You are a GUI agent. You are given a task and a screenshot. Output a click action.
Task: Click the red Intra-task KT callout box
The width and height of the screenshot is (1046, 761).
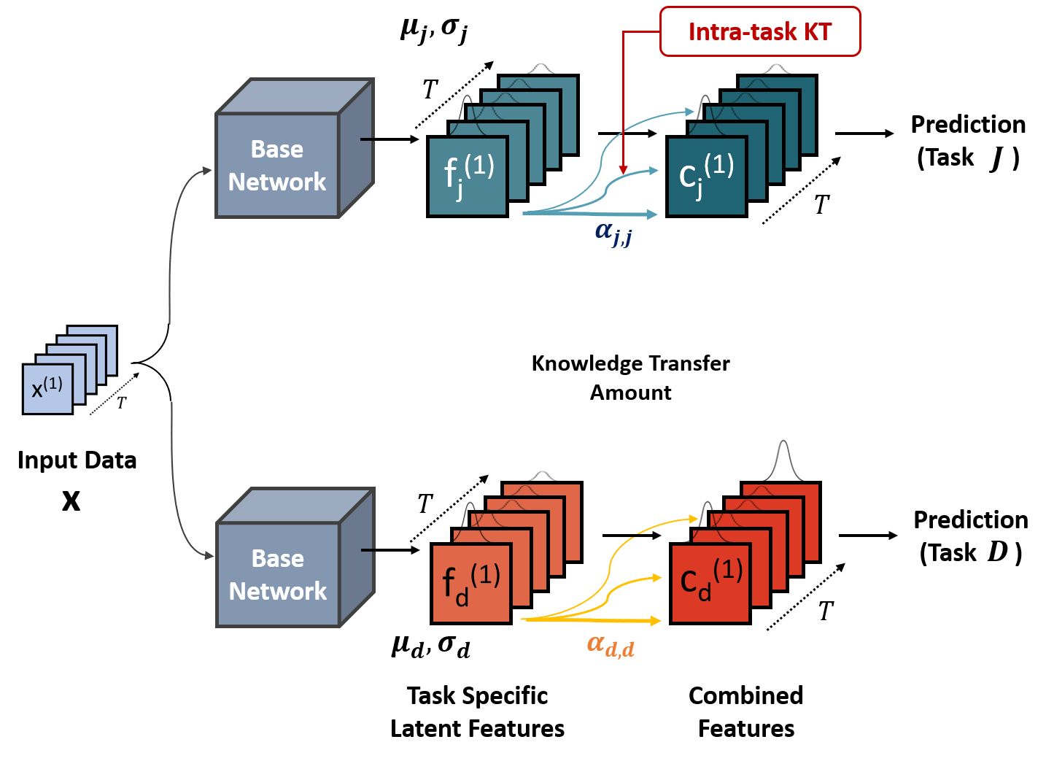[x=759, y=31]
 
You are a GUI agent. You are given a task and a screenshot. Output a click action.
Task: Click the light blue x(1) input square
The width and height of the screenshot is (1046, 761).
[x=47, y=389]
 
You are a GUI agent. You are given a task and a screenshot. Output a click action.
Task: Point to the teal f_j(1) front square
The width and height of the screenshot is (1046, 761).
[x=467, y=176]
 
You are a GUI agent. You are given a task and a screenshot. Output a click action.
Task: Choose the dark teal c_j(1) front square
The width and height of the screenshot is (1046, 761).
[x=706, y=176]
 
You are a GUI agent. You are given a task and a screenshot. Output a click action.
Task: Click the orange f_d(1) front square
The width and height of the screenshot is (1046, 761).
[x=470, y=583]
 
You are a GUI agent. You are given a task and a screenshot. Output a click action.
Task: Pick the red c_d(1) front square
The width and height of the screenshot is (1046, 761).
[x=710, y=583]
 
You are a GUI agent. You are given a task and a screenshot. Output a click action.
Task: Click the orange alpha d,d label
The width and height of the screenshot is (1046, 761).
[x=611, y=646]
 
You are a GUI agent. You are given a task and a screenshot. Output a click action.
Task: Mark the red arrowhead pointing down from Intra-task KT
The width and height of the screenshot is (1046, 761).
[x=623, y=170]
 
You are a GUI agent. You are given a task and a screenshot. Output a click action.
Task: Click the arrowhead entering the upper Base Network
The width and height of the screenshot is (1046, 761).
[x=208, y=171]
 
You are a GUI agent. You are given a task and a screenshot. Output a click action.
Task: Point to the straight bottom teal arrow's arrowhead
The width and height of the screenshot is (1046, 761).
[x=653, y=214]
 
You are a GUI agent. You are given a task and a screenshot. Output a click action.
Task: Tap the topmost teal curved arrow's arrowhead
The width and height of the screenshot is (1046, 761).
[x=689, y=112]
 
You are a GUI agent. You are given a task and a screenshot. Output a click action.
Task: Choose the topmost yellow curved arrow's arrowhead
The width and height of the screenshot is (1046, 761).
[x=694, y=519]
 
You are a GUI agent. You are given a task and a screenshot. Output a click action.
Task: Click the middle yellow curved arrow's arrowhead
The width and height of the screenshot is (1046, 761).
[x=657, y=578]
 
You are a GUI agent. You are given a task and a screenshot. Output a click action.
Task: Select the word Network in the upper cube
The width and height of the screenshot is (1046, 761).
[x=277, y=182]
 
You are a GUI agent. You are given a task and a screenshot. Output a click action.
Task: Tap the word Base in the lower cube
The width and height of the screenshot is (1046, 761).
[x=278, y=558]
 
